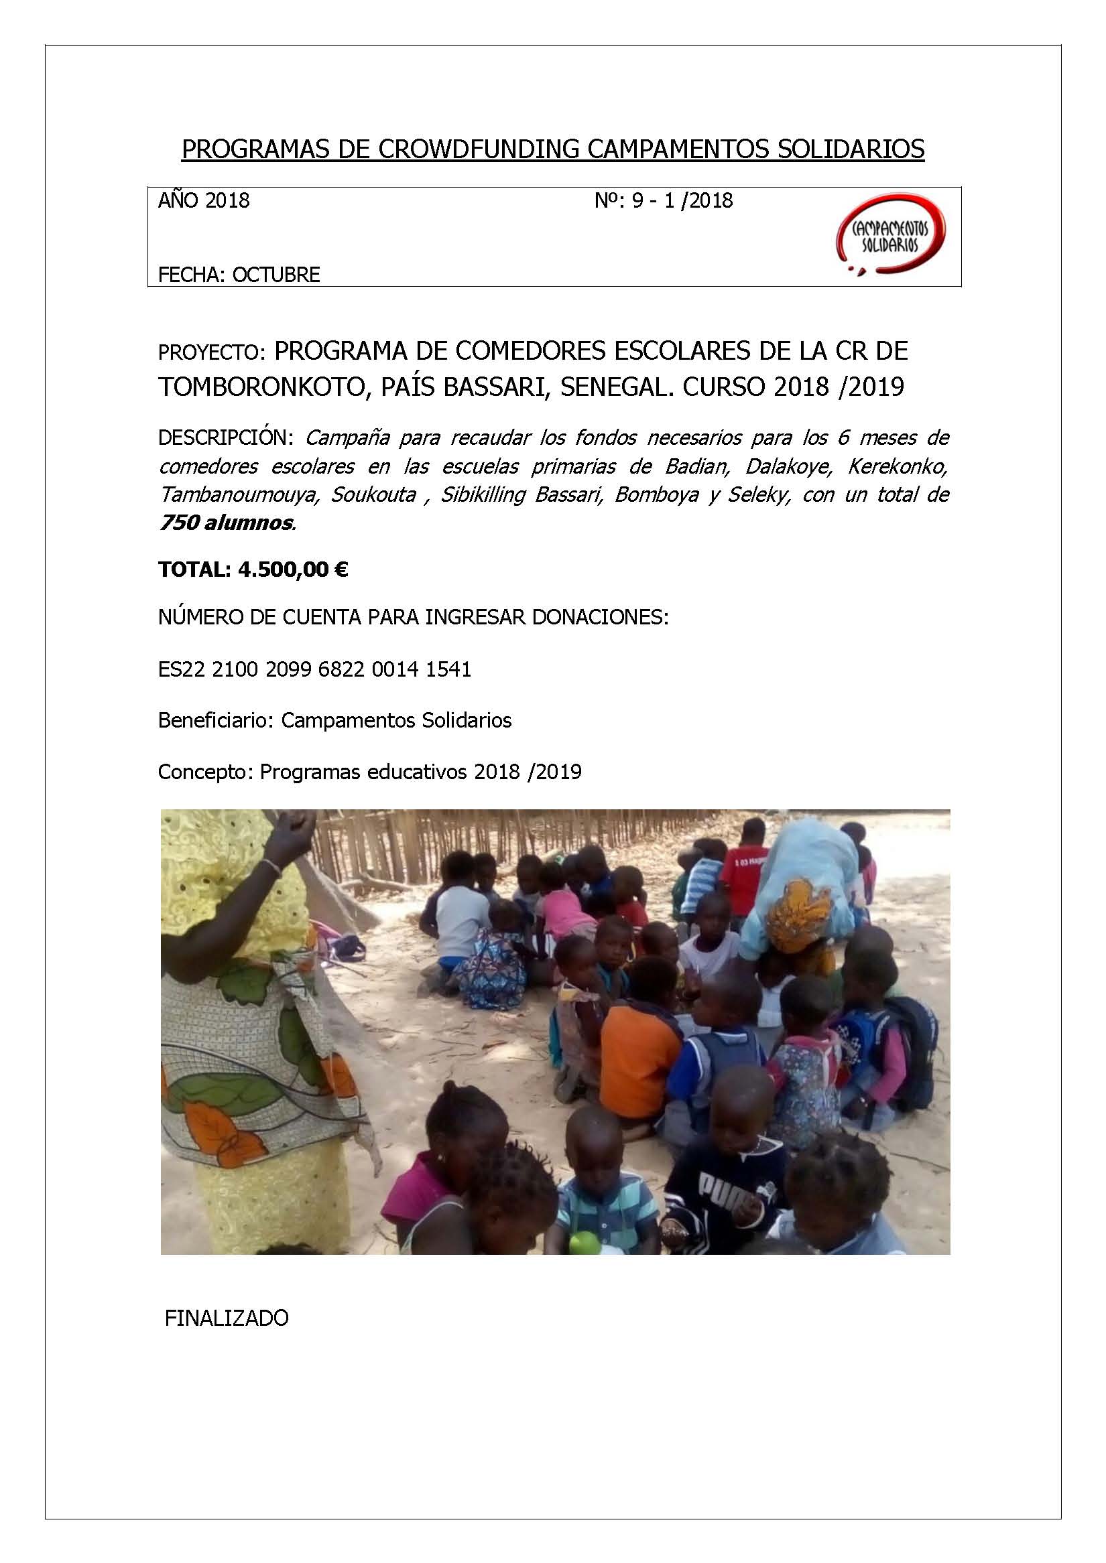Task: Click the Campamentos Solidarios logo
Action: coord(890,235)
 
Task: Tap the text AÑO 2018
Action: coord(204,200)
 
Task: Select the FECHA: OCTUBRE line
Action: coord(239,274)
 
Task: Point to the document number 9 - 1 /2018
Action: coord(682,200)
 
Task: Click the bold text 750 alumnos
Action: coord(226,522)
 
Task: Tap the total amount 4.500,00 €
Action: coord(293,569)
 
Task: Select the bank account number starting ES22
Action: coord(314,669)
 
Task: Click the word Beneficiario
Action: coord(215,720)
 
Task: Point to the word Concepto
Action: coord(205,771)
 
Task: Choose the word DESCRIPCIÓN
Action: coord(225,437)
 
